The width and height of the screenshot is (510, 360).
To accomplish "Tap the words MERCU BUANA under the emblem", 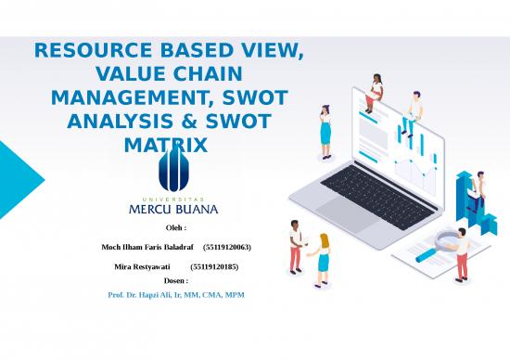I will (172, 209).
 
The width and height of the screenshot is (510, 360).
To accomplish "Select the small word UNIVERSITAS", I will (172, 197).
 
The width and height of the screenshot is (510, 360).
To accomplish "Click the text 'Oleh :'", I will (175, 227).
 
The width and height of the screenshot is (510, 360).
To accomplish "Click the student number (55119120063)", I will (226, 248).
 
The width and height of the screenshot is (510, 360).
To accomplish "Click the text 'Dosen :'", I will (175, 279).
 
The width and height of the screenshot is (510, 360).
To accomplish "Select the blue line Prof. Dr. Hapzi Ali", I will (175, 294).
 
